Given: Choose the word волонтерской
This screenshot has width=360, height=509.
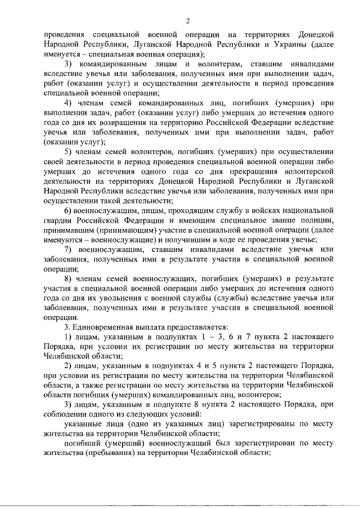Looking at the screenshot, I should (x=305, y=172).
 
